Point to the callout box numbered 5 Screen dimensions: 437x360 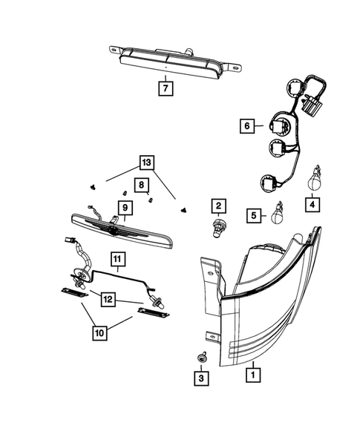click(255, 216)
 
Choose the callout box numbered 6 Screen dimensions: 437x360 click(246, 126)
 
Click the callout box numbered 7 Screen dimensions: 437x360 click(165, 88)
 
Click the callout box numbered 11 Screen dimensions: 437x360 click(117, 260)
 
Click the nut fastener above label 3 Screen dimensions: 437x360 click(202, 359)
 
